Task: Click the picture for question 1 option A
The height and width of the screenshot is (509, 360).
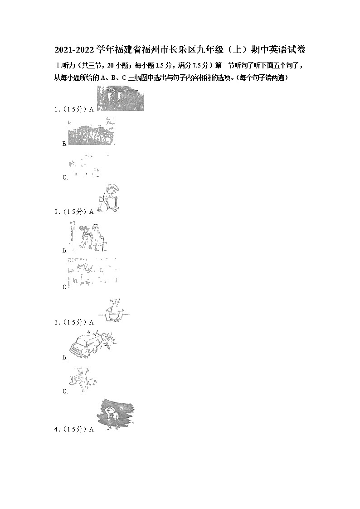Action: click(x=120, y=98)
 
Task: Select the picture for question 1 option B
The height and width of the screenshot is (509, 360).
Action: click(x=91, y=132)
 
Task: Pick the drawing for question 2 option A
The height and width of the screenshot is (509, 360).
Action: click(x=109, y=199)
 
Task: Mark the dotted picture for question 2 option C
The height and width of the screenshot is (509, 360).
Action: click(x=92, y=272)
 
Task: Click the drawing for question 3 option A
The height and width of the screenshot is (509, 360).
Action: click(x=113, y=311)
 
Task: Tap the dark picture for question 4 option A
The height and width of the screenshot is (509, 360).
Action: click(x=115, y=414)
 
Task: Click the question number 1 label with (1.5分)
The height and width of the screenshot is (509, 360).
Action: click(x=70, y=109)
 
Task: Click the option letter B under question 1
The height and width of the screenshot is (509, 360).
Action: click(x=65, y=144)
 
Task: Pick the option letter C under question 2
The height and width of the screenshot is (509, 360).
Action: click(x=65, y=287)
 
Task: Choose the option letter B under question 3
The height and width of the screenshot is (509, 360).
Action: click(x=65, y=358)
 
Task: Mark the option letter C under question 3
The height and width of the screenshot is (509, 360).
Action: click(x=65, y=392)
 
